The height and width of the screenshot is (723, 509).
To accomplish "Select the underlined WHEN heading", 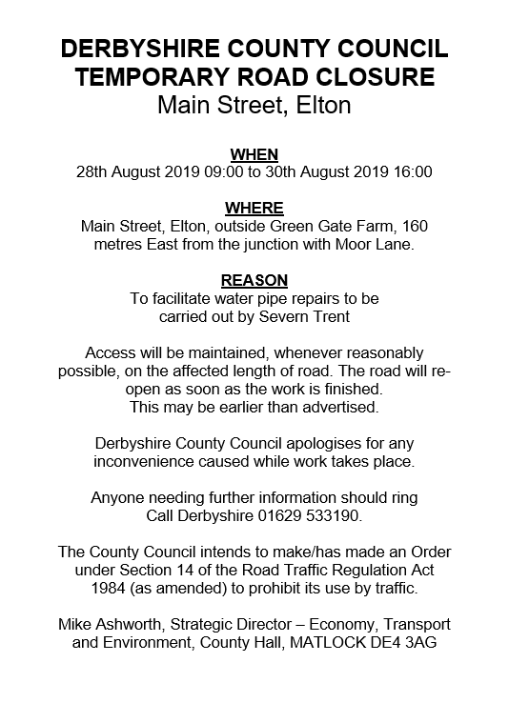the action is [x=254, y=152].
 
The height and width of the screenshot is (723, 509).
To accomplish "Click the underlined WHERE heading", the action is [x=254, y=208].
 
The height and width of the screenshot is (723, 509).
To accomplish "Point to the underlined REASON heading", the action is [x=254, y=281].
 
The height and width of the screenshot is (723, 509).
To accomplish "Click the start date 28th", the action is [x=92, y=172].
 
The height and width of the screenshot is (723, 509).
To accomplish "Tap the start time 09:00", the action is [x=222, y=172].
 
